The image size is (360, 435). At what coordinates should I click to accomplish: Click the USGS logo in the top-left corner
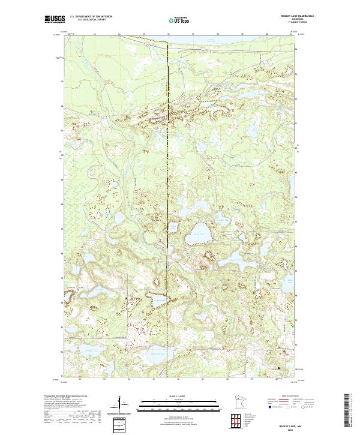pyautogui.click(x=55, y=19)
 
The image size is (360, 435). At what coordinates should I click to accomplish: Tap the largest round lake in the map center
pyautogui.click(x=197, y=236)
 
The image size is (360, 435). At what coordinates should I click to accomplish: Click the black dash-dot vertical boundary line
pyautogui.click(x=167, y=180)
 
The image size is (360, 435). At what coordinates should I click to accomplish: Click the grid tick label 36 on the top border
pyautogui.click(x=167, y=34)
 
